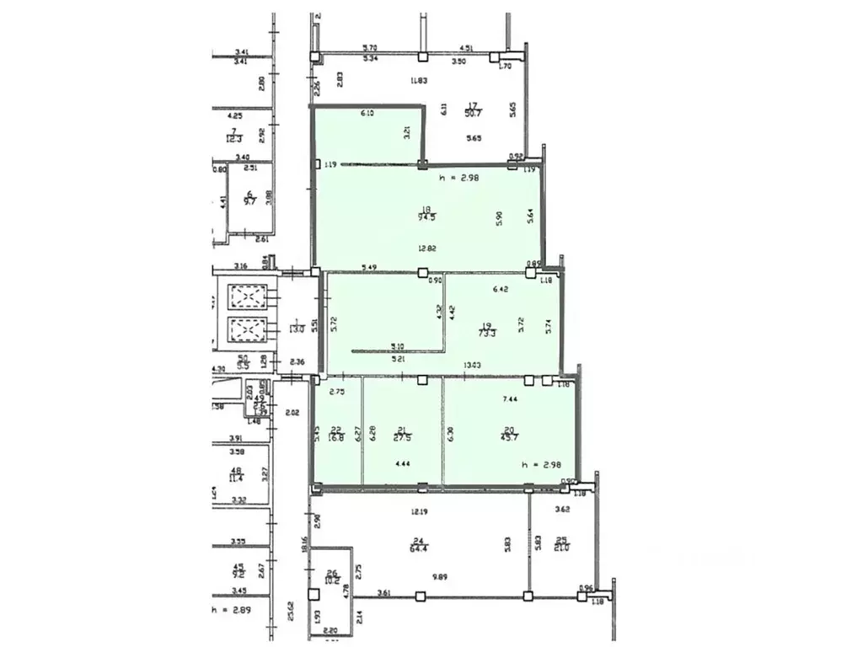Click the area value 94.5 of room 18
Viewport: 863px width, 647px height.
click(426, 215)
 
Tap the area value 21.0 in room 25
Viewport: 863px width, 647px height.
click(561, 548)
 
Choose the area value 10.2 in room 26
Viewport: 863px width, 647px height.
click(332, 580)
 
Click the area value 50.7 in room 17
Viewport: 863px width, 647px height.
click(474, 112)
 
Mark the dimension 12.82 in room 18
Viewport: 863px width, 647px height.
click(427, 248)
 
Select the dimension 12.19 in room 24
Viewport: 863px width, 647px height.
click(421, 511)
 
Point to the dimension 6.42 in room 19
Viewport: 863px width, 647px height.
click(501, 288)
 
